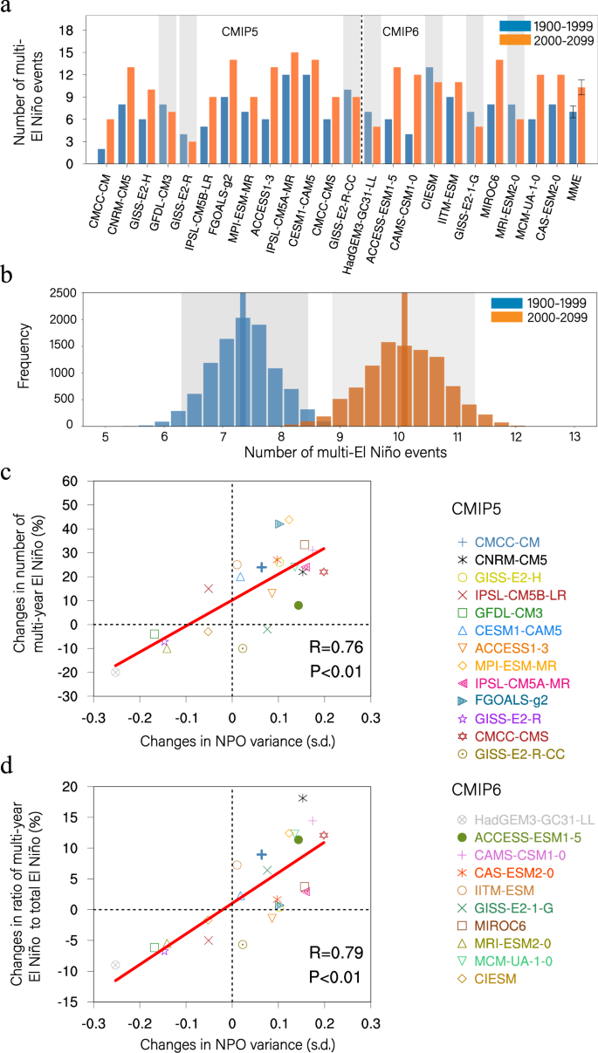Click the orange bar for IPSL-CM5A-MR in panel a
294,108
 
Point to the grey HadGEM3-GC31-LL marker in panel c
115,672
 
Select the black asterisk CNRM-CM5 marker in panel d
303,774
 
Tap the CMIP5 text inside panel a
239,31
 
